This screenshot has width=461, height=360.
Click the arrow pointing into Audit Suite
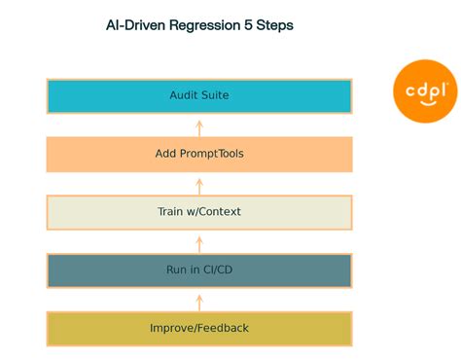point(199,126)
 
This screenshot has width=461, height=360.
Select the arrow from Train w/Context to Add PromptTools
point(199,184)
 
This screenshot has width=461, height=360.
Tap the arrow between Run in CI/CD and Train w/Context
point(199,241)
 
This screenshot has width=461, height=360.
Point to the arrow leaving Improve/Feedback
point(199,300)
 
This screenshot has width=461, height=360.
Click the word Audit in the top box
point(184,95)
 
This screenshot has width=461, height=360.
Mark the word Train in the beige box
point(172,212)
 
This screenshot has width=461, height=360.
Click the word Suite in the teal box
point(215,95)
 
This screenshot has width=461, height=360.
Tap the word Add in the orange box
point(166,154)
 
